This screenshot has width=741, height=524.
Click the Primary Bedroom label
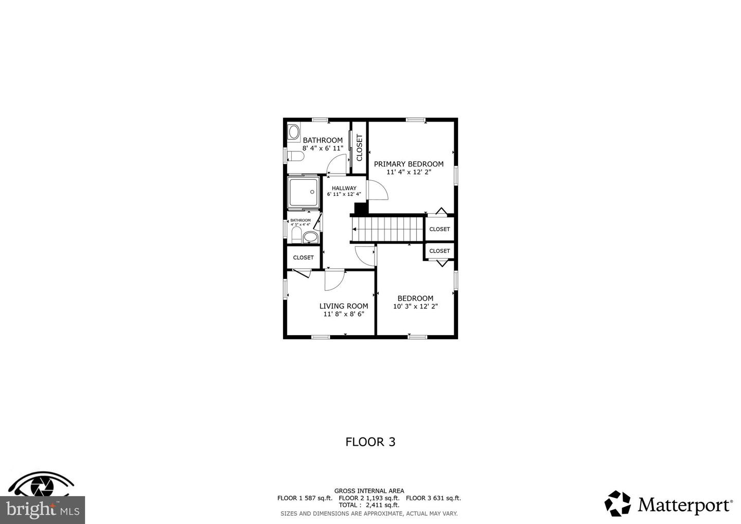[x=409, y=164]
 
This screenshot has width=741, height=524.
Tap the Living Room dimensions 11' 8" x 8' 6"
[x=344, y=314]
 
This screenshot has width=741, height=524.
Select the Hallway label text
[x=344, y=188]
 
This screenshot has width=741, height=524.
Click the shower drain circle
[x=312, y=192]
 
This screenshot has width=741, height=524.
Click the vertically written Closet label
[x=360, y=148]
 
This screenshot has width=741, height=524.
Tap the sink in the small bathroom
[x=310, y=237]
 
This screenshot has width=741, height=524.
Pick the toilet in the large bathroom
[x=295, y=156]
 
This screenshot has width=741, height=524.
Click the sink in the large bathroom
[x=293, y=132]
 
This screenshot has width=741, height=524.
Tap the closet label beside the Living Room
[x=304, y=258]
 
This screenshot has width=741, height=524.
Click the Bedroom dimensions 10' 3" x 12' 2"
[x=415, y=306]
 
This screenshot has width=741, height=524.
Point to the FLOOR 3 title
[x=370, y=442]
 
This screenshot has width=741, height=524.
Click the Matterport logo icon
[x=617, y=503]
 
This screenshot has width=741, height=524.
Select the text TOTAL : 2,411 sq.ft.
[x=369, y=505]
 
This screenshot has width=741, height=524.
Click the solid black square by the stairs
[x=361, y=209]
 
